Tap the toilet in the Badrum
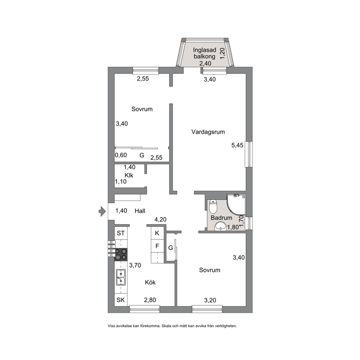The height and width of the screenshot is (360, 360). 213,206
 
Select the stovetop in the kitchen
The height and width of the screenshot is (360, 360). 121,255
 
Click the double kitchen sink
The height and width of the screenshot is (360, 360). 121,277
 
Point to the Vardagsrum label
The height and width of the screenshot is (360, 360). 208,132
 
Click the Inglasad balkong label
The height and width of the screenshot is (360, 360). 205,53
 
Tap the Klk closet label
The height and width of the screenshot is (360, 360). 129,175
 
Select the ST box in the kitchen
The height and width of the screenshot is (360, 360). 121,233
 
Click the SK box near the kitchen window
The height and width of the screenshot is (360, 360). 121,300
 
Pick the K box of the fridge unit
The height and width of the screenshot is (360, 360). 157,233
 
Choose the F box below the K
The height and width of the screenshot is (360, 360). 157,246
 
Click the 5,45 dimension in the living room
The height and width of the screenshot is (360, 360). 237,145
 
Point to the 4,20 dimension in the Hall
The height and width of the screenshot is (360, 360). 160,220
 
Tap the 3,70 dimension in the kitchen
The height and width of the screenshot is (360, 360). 135,265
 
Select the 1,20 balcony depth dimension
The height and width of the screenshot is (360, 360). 222,53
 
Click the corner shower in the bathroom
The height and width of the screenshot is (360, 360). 236,205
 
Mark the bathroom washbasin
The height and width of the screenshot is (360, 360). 220,226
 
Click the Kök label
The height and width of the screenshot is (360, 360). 150,282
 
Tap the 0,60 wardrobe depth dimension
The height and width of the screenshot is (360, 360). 121,155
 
